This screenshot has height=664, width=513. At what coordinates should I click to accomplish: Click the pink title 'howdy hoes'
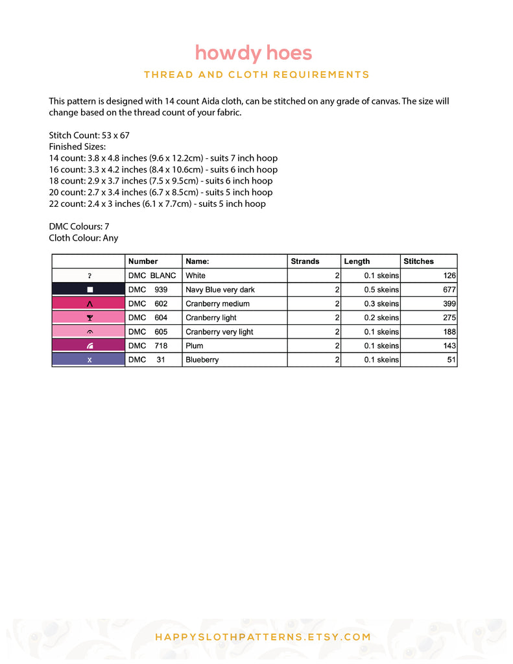(x=254, y=53)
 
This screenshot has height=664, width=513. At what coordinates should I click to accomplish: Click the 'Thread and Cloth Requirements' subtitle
(x=257, y=75)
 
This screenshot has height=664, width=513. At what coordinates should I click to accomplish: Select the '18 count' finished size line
(x=161, y=181)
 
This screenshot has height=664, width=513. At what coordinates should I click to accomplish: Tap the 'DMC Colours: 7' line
(x=79, y=226)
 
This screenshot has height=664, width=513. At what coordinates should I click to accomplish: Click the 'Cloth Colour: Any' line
(x=84, y=238)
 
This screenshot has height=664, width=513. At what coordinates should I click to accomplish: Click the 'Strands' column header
(x=305, y=261)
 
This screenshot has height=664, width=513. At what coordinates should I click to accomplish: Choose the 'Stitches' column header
(x=418, y=261)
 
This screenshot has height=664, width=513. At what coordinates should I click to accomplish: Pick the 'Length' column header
(x=357, y=261)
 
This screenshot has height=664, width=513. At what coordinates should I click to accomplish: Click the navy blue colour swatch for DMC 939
(x=88, y=290)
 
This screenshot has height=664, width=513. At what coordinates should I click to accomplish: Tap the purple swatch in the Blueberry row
(x=88, y=360)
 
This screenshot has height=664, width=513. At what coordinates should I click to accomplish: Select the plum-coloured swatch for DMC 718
(x=88, y=346)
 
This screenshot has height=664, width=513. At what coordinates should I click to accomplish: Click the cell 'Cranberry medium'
(x=217, y=304)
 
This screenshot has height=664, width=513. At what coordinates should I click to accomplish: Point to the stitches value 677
(x=449, y=290)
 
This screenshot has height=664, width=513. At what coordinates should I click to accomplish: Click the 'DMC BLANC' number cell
(x=152, y=276)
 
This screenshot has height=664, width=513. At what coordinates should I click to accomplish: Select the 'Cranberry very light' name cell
(x=219, y=332)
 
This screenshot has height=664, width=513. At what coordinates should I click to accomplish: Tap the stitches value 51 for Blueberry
(x=451, y=360)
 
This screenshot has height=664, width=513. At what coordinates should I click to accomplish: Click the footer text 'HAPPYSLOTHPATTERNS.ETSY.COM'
(x=263, y=637)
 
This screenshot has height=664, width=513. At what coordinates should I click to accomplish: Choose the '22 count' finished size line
(x=157, y=204)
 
